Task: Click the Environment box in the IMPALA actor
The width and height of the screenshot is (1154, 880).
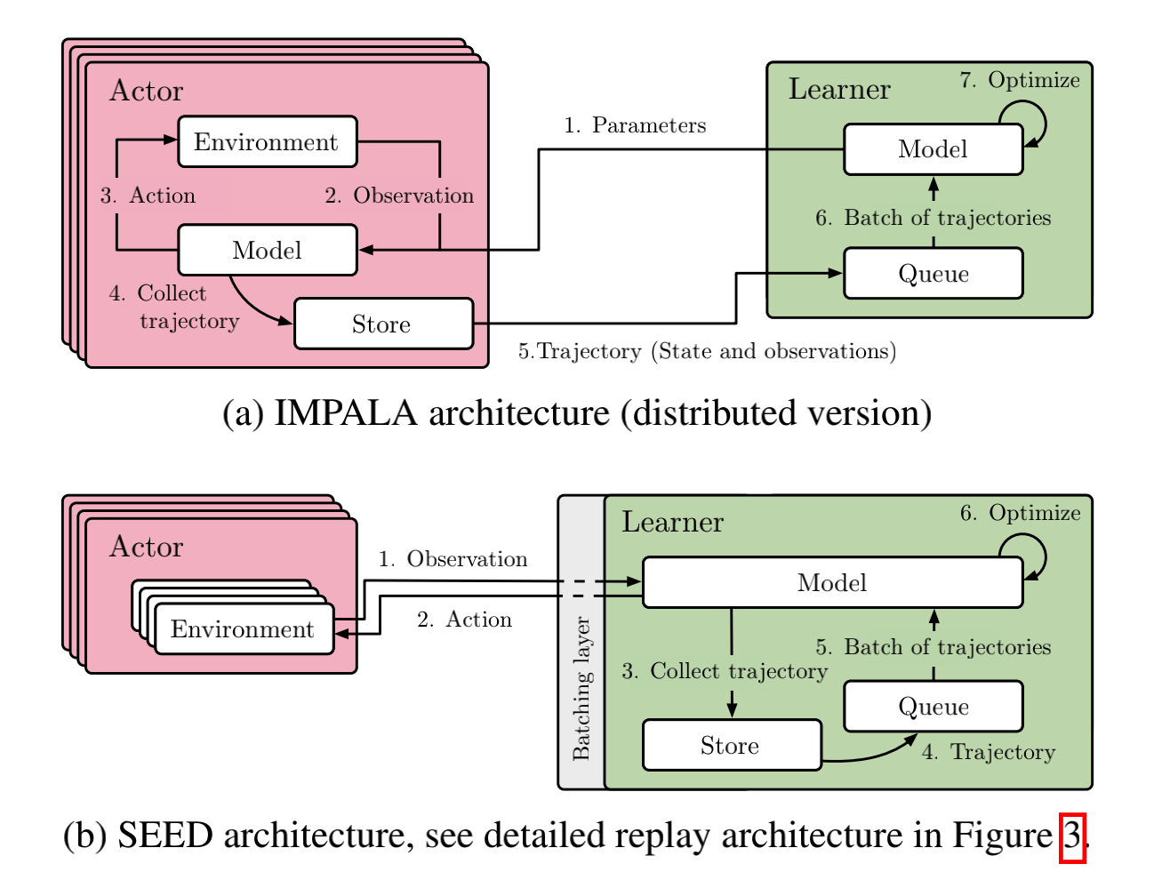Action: click(x=267, y=142)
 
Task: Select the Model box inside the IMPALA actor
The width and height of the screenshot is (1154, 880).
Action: click(x=267, y=251)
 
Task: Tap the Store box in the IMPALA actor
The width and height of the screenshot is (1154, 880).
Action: click(x=382, y=324)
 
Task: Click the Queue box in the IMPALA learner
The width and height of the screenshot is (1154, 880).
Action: click(x=933, y=274)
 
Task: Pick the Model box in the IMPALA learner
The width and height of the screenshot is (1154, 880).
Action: click(x=933, y=149)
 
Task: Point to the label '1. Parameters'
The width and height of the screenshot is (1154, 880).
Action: click(x=635, y=125)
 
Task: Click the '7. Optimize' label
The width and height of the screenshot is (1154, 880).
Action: click(x=1020, y=80)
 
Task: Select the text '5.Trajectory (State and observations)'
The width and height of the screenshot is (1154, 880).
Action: click(x=707, y=351)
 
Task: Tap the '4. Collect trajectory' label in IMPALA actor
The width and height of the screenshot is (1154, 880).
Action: click(x=174, y=308)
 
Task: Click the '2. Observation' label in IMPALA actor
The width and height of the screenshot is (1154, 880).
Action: click(x=399, y=196)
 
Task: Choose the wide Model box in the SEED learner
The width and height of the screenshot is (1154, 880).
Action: click(x=832, y=583)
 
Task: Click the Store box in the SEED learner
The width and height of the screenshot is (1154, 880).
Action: click(x=731, y=746)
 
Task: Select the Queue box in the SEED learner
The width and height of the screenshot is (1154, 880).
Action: click(x=933, y=707)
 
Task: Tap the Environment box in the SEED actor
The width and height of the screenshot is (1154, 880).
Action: click(x=243, y=629)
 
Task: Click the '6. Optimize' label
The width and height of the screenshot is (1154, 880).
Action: click(x=1020, y=513)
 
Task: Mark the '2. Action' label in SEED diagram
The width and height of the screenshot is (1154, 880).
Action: click(x=464, y=620)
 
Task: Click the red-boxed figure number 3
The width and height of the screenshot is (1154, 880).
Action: click(x=1072, y=836)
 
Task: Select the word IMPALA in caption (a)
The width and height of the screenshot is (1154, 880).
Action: click(x=345, y=413)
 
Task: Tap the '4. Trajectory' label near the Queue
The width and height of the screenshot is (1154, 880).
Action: click(x=988, y=752)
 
